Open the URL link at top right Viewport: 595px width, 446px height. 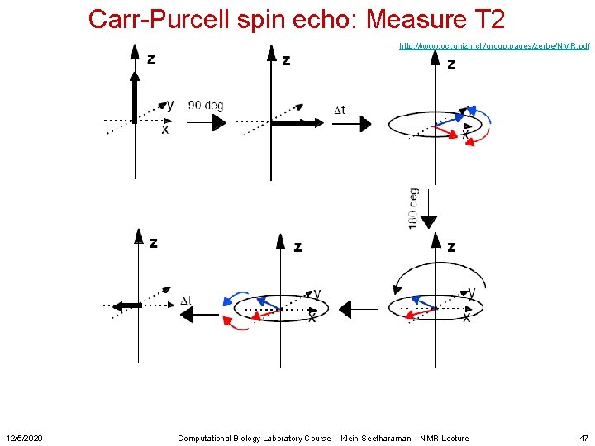pyautogui.click(x=493, y=46)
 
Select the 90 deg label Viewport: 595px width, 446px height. pyautogui.click(x=206, y=106)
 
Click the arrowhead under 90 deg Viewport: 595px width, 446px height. pyautogui.click(x=217, y=122)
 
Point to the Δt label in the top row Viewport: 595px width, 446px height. pyautogui.click(x=339, y=110)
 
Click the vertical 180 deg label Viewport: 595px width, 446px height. pyautogui.click(x=413, y=208)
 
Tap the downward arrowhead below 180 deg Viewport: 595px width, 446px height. pyautogui.click(x=428, y=221)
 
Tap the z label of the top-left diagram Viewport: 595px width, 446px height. pyautogui.click(x=151, y=58)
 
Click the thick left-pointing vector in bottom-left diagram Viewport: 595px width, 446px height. pyautogui.click(x=126, y=306)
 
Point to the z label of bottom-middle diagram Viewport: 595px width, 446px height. pyautogui.click(x=297, y=246)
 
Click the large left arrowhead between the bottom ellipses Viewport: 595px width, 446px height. pyautogui.click(x=345, y=310)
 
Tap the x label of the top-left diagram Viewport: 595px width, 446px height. pyautogui.click(x=164, y=130)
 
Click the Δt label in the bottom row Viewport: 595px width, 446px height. pyautogui.click(x=186, y=301)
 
